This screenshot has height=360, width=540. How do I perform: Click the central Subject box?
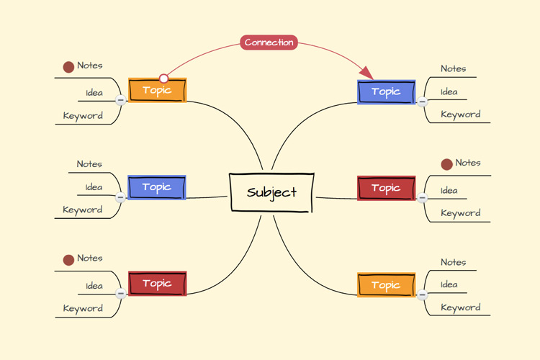pos(271,192)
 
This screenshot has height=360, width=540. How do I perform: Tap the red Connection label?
pos(269,42)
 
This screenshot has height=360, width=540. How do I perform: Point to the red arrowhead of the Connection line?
pos(366,73)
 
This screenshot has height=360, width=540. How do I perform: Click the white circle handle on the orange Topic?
pos(163,78)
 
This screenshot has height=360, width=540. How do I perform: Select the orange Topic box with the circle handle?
pos(158,90)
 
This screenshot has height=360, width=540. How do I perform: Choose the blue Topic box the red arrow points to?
pos(387,92)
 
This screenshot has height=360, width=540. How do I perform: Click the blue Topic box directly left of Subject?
pos(157,187)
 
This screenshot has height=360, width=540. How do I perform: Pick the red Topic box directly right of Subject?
pos(387,188)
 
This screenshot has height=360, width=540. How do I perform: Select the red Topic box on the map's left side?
pos(158,284)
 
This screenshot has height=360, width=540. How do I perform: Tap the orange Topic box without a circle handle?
pos(387,285)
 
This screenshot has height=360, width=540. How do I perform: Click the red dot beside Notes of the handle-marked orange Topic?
pos(68,67)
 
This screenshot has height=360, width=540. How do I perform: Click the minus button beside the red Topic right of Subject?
pos(422,197)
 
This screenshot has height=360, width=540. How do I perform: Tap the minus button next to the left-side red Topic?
pos(120,294)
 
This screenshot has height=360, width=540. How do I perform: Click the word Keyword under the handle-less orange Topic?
pos(461,307)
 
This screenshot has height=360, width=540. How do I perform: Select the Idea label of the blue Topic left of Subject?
pos(94,187)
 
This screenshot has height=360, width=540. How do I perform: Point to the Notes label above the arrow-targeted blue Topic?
pos(453,69)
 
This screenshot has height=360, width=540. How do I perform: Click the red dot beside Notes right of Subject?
pos(446,164)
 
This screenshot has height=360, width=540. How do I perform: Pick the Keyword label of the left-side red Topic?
pos(83,309)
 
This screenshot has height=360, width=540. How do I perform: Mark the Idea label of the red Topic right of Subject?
pos(449,191)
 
